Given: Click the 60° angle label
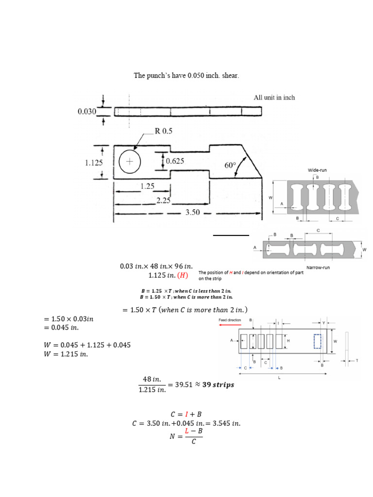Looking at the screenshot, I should (230, 165).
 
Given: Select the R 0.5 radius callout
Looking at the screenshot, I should (163, 131).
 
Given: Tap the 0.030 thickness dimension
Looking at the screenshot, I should (87, 112).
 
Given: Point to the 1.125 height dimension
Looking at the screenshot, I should (94, 163).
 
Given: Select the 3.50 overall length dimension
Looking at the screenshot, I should (194, 212).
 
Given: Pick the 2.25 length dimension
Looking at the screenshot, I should (163, 200).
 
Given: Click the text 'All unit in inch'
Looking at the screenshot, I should (274, 98).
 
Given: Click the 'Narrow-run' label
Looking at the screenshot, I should (319, 267).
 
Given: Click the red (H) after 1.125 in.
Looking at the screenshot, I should (182, 276).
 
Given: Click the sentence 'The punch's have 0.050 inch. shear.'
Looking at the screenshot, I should (186, 76).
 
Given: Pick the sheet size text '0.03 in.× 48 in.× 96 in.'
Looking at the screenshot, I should (156, 266).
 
